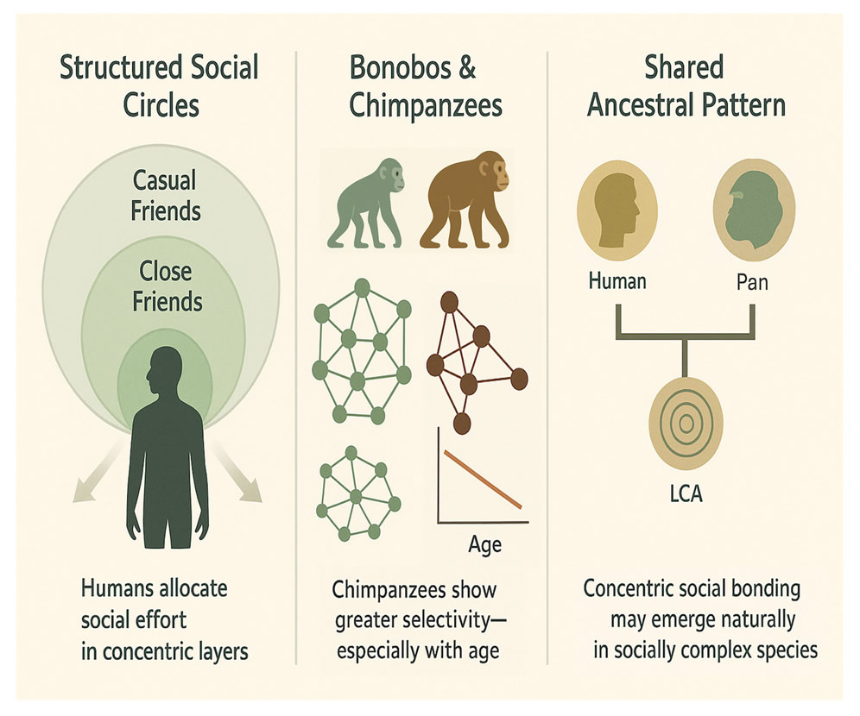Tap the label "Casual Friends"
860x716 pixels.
(x=163, y=196)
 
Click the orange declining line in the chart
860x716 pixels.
(x=482, y=478)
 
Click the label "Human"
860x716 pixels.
(x=617, y=280)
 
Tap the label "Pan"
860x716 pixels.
(x=752, y=280)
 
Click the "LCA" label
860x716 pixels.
(x=687, y=497)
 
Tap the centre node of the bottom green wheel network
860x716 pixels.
(x=355, y=494)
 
